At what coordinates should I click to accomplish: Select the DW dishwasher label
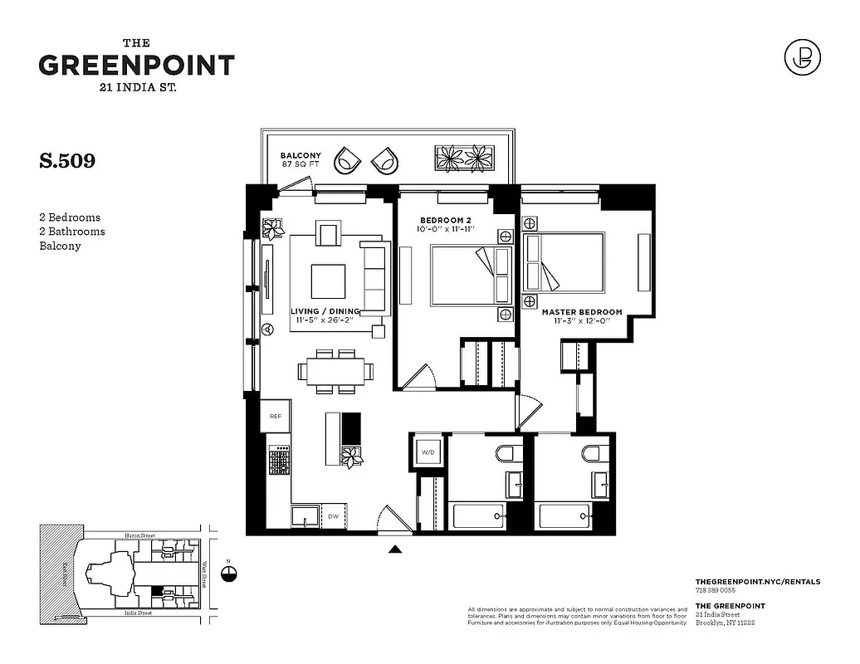(333, 515)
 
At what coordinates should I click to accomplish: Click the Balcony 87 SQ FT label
(300, 160)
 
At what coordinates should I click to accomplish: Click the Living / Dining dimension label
(325, 316)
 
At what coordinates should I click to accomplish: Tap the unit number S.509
(67, 161)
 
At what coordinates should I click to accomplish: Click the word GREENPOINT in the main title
(136, 66)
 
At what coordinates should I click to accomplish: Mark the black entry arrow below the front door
(396, 548)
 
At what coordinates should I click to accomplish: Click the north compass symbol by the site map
(230, 573)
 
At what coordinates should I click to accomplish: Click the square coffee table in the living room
(329, 281)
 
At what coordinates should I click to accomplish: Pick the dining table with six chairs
(335, 371)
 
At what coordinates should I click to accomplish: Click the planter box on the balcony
(466, 157)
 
